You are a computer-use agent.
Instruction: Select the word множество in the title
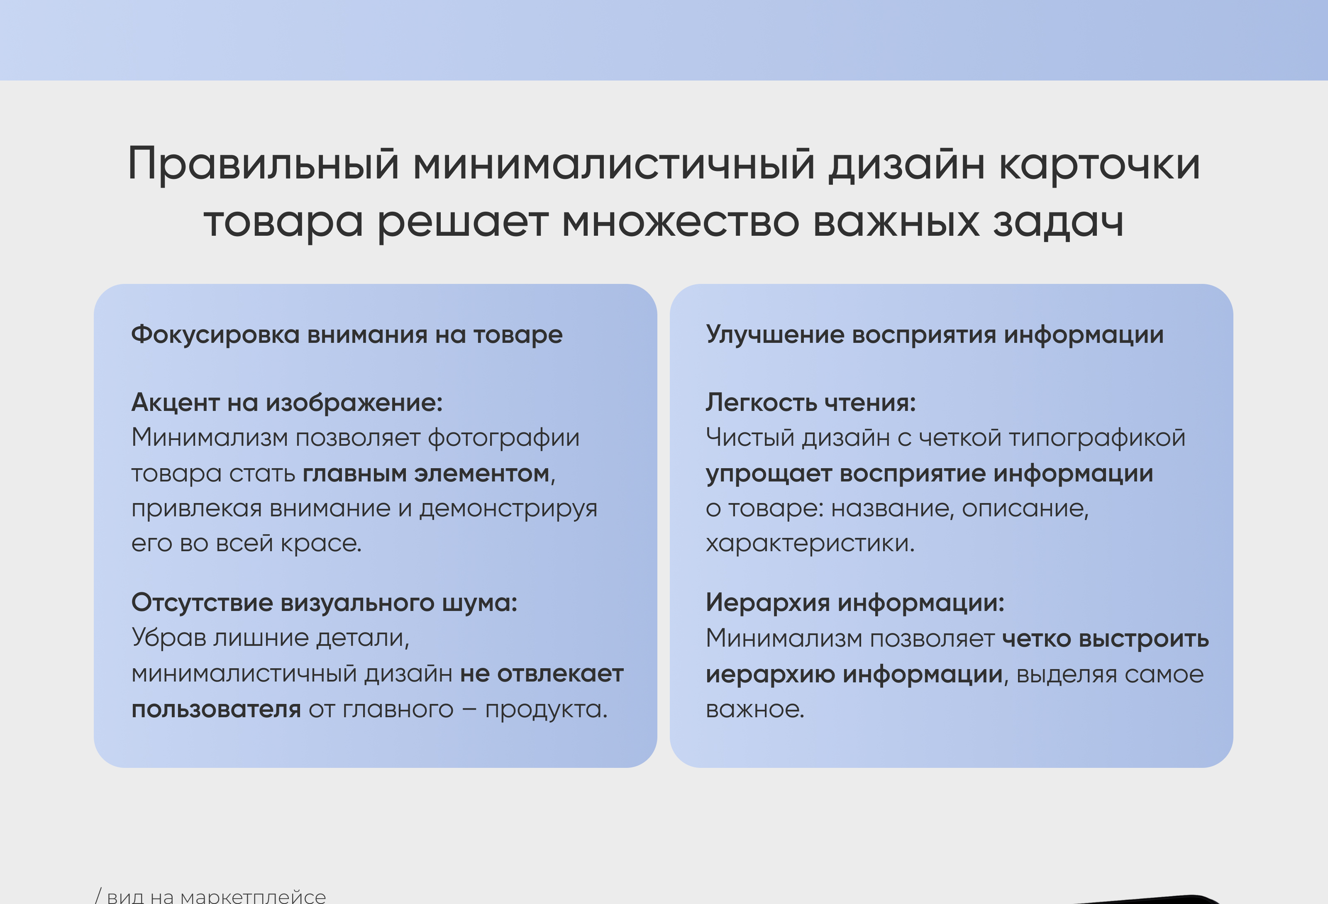[x=681, y=221]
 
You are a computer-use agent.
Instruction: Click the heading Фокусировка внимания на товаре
[x=347, y=335]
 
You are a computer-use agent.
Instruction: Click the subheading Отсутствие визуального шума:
[x=324, y=603]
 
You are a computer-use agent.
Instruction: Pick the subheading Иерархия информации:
[x=855, y=603]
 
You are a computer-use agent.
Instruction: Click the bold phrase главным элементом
[x=426, y=474]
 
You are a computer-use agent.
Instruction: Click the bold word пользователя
[x=216, y=710]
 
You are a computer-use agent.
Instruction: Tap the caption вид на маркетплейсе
[x=216, y=896]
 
